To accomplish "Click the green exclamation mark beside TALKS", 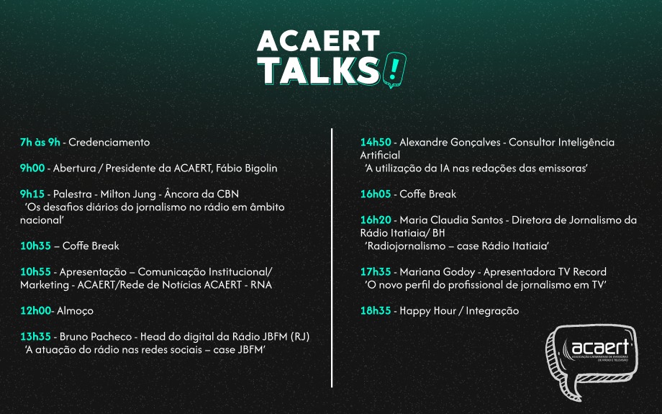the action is tap(394, 69).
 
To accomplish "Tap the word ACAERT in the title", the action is tap(318, 41).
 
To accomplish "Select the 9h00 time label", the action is tap(32, 168).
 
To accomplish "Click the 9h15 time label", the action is tap(32, 194).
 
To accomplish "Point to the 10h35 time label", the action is tap(35, 246).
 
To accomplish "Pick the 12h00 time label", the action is tap(35, 310).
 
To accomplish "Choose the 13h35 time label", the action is tap(35, 336).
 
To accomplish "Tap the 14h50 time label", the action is tap(376, 143).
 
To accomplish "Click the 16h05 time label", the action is tap(376, 194).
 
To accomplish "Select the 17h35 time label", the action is tap(376, 271).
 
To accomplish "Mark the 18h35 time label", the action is tap(376, 310).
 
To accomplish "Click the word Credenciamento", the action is tap(109, 143).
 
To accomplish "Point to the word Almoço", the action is tap(75, 311).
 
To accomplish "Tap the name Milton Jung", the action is tap(128, 194).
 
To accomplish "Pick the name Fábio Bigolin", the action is tap(247, 168).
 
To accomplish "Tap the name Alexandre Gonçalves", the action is tap(450, 143).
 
